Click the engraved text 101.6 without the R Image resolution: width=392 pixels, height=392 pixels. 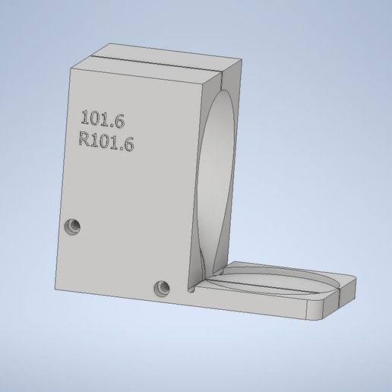[102, 119]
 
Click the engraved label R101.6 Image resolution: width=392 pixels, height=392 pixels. [106, 141]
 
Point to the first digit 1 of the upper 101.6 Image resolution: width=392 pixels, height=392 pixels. [84, 118]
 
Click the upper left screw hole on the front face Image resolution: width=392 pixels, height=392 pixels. [73, 226]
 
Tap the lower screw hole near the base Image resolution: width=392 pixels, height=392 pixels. [160, 288]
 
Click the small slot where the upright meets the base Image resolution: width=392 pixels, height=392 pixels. [190, 288]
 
